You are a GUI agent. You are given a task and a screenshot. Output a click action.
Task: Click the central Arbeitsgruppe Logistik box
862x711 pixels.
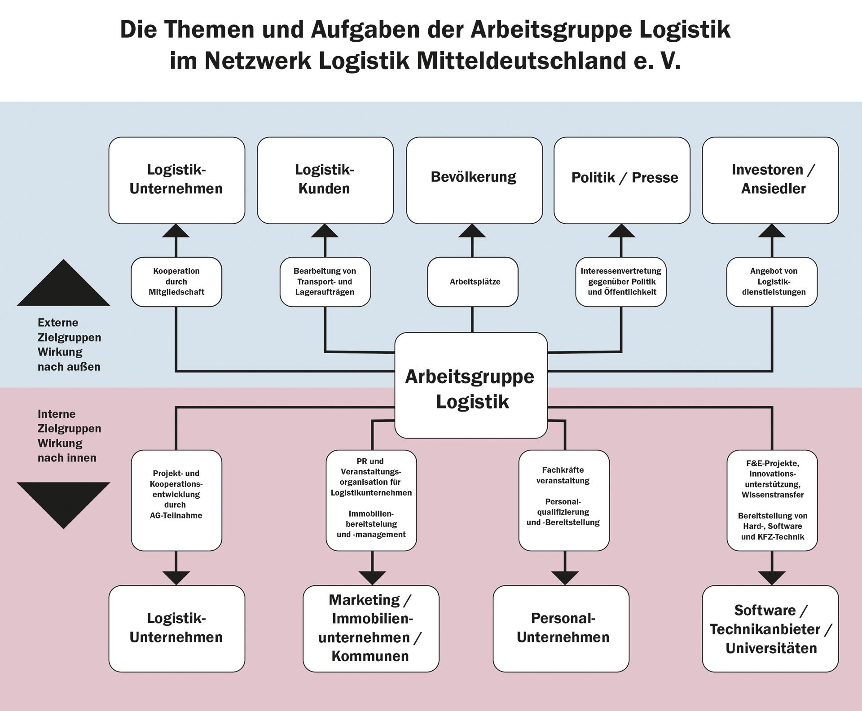(471, 385)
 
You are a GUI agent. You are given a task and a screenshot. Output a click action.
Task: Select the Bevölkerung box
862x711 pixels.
(475, 180)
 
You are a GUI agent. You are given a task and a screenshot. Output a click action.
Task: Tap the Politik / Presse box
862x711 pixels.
(622, 180)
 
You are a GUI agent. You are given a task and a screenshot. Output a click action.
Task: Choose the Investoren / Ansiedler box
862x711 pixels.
(770, 180)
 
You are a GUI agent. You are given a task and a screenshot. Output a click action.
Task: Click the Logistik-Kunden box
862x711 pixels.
(325, 180)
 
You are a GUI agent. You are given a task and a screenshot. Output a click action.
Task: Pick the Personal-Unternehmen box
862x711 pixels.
(561, 628)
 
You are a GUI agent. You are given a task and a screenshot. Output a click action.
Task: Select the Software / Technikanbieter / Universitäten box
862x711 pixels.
(770, 628)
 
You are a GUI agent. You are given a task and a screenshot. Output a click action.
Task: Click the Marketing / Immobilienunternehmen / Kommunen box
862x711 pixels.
(371, 628)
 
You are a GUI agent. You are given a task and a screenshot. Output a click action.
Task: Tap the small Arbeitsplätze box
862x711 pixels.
(473, 282)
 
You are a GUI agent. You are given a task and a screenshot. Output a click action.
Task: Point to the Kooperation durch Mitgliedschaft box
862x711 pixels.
(176, 282)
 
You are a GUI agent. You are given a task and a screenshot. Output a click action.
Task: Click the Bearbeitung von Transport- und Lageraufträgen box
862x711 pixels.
(325, 282)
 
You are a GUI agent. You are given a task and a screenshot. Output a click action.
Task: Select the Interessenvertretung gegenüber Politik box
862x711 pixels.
(621, 282)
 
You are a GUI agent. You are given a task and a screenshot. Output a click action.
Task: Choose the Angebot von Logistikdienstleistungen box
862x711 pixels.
(772, 282)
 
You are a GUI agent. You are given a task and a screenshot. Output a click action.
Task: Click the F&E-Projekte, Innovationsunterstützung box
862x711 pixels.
(772, 500)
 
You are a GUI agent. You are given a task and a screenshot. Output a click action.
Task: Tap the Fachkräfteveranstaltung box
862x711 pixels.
(564, 500)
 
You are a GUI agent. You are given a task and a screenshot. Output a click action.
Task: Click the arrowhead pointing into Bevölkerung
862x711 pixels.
(472, 231)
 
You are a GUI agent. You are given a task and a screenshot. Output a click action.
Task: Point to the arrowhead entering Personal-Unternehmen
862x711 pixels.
(565, 578)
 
